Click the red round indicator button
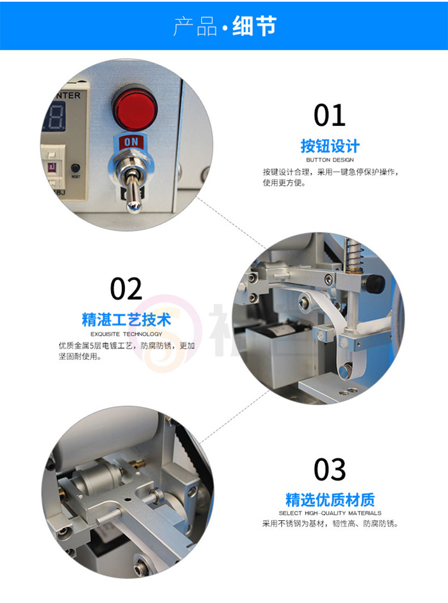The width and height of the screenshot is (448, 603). click(x=135, y=108)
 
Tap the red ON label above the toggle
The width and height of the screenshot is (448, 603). click(x=131, y=142)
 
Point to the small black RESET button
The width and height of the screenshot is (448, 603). click(x=75, y=168)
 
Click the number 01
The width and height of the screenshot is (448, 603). click(x=329, y=115)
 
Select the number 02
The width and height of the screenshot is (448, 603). click(x=126, y=289)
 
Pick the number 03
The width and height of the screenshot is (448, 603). click(x=329, y=469)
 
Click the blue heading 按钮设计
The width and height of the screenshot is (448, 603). click(x=330, y=146)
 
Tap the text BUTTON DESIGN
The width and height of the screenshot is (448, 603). click(x=330, y=160)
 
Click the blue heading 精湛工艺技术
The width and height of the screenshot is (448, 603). click(x=126, y=320)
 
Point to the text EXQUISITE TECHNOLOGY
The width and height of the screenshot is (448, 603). click(x=126, y=334)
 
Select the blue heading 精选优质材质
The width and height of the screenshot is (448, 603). click(x=330, y=500)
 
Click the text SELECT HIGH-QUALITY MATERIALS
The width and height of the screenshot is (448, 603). click(x=330, y=513)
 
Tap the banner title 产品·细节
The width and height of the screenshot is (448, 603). click(x=225, y=26)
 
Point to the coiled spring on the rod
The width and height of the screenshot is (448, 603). click(x=353, y=254)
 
